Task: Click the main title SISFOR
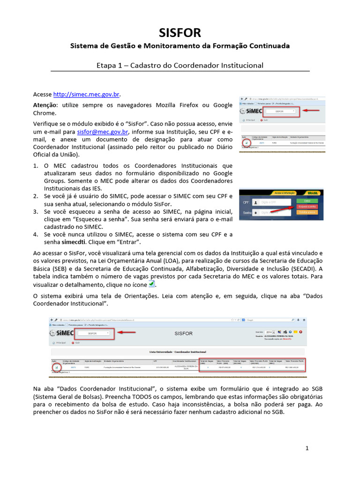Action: pos(180,33)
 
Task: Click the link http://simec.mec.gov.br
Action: pos(87,94)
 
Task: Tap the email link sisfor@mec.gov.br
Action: pos(103,132)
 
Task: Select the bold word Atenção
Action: pos(45,105)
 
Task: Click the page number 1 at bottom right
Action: pos(307,449)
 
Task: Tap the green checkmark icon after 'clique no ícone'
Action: pos(151,285)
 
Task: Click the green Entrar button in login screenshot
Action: pos(307,200)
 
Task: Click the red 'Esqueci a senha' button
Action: pos(307,206)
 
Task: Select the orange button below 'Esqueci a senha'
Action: pos(307,212)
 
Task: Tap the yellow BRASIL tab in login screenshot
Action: pos(311,193)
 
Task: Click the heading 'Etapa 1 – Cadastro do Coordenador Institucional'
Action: pos(180,65)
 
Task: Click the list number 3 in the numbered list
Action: pos(36,212)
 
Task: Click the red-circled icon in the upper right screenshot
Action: pos(246,142)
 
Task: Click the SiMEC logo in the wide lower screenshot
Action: pos(61,333)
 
